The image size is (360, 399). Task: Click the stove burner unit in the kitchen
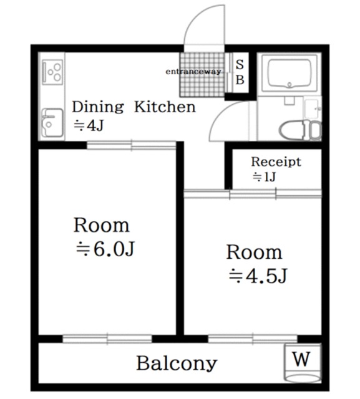[52, 72]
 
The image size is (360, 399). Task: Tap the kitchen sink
[52, 123]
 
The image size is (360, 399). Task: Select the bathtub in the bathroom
[289, 73]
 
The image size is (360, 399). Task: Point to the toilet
[300, 130]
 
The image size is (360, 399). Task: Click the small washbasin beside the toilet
[311, 108]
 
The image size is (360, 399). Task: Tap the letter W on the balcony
[301, 359]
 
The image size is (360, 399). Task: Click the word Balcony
[177, 363]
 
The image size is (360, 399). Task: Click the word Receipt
[276, 162]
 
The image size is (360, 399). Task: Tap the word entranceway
[193, 72]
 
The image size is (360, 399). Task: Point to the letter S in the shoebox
[240, 64]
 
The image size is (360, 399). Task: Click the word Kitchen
[165, 107]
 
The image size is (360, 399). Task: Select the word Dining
[98, 107]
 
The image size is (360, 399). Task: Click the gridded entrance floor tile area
[202, 74]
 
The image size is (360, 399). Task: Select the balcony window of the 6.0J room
[107, 339]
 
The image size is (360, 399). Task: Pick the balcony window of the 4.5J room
[253, 339]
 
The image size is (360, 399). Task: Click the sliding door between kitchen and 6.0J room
[132, 145]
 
